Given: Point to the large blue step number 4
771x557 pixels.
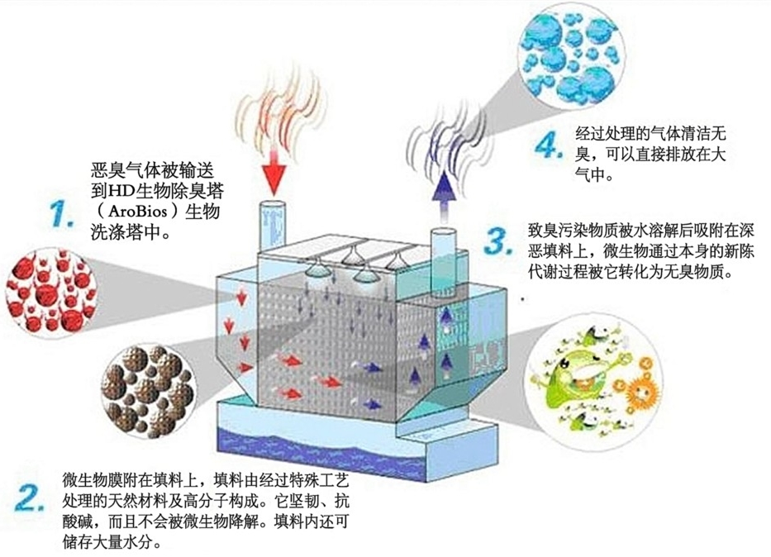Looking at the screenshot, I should point(546,147).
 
